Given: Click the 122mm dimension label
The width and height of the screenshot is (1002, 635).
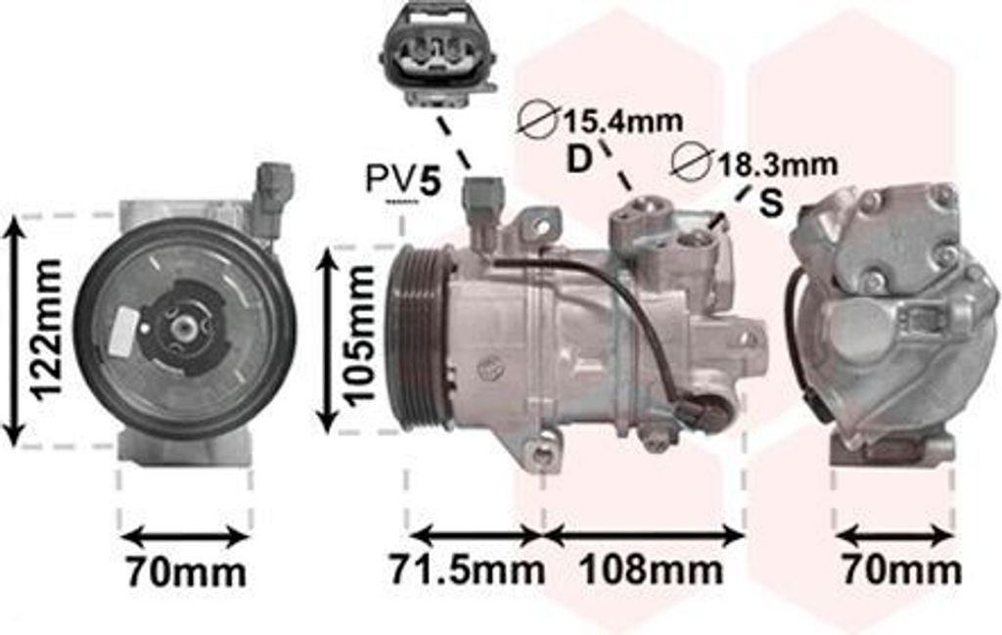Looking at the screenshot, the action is pyautogui.click(x=46, y=330).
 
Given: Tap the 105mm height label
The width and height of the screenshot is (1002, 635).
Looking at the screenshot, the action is pyautogui.click(x=358, y=336).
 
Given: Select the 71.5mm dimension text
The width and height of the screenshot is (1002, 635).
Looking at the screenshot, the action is pyautogui.click(x=467, y=569).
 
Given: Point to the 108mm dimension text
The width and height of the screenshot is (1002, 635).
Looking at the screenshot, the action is pyautogui.click(x=651, y=569).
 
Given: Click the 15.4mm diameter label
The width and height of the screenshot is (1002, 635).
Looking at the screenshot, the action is pyautogui.click(x=621, y=120).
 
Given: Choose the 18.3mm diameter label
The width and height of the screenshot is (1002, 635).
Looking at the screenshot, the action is pyautogui.click(x=776, y=164).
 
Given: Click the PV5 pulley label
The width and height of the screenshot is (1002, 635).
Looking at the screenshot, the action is pyautogui.click(x=403, y=180).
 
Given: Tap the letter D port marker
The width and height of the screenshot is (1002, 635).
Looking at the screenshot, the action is pyautogui.click(x=579, y=159).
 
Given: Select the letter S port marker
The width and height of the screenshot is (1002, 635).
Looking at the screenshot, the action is pyautogui.click(x=771, y=204).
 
